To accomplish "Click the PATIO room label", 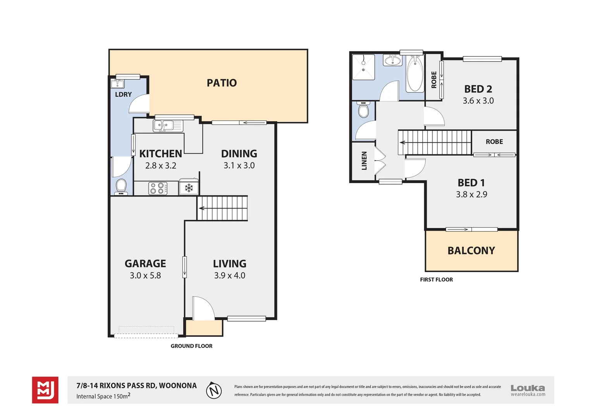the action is pyautogui.click(x=222, y=83).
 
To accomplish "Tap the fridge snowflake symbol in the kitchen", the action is pyautogui.click(x=189, y=188).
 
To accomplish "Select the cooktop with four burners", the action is pyautogui.click(x=158, y=188).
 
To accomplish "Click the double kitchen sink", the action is pyautogui.click(x=168, y=126).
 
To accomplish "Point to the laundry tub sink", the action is pyautogui.click(x=117, y=84).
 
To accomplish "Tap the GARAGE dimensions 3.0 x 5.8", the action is pyautogui.click(x=145, y=276).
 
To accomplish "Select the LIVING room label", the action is pyautogui.click(x=230, y=264).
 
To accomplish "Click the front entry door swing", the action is pyautogui.click(x=203, y=308).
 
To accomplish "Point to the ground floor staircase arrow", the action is pyautogui.click(x=201, y=208).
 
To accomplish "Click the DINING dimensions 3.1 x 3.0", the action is pyautogui.click(x=239, y=165).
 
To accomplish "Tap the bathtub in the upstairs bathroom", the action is pyautogui.click(x=415, y=74).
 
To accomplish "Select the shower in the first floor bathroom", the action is pyautogui.click(x=363, y=67).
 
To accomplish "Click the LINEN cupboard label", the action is pyautogui.click(x=364, y=161).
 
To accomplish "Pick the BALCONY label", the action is pyautogui.click(x=471, y=250).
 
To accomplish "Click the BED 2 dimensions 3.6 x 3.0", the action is pyautogui.click(x=478, y=101).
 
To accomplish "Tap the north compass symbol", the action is pyautogui.click(x=214, y=390).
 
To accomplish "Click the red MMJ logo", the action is pyautogui.click(x=45, y=390).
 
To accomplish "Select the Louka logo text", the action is pyautogui.click(x=528, y=388).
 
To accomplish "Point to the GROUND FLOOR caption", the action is pyautogui.click(x=191, y=346).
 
